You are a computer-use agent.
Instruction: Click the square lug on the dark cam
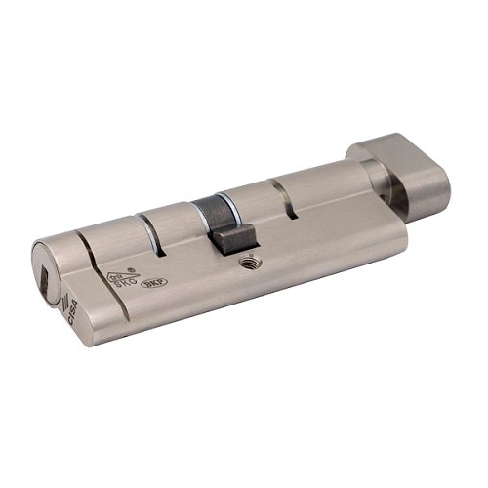[235, 234]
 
